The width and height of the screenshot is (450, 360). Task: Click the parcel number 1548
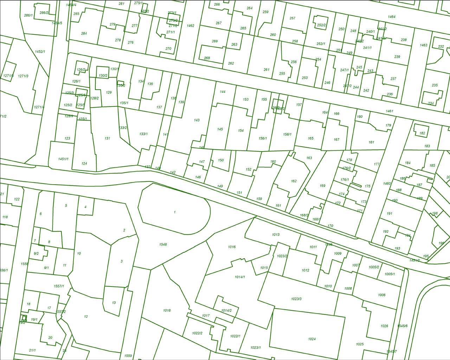pos(163,244)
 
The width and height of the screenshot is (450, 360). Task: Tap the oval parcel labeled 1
pos(174,212)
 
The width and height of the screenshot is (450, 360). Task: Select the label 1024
pos(311,339)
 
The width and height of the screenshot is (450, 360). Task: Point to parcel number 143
pos(197,120)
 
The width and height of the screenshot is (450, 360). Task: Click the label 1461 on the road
pos(389,111)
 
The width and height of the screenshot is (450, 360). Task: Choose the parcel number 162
pos(294,181)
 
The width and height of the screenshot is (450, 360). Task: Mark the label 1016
pos(232,247)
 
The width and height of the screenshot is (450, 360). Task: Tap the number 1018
pos(167,310)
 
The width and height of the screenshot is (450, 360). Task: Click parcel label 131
pos(107,138)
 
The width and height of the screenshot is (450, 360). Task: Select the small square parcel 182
pos(422,133)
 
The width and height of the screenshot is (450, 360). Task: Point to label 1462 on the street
pos(190,26)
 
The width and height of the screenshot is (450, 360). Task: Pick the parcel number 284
pos(84,33)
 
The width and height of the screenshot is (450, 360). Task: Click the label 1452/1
pos(40,52)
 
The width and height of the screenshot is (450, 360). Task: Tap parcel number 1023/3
pos(296,299)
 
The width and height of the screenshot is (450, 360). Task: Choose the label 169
pos(322,186)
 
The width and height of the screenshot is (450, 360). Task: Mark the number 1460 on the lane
pos(387,184)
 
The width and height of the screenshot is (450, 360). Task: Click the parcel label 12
pos(86,316)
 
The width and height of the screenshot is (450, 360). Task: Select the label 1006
pos(381,295)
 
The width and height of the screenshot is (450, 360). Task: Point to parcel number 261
pos(266,70)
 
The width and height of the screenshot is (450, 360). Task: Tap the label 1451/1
pos(63,159)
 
